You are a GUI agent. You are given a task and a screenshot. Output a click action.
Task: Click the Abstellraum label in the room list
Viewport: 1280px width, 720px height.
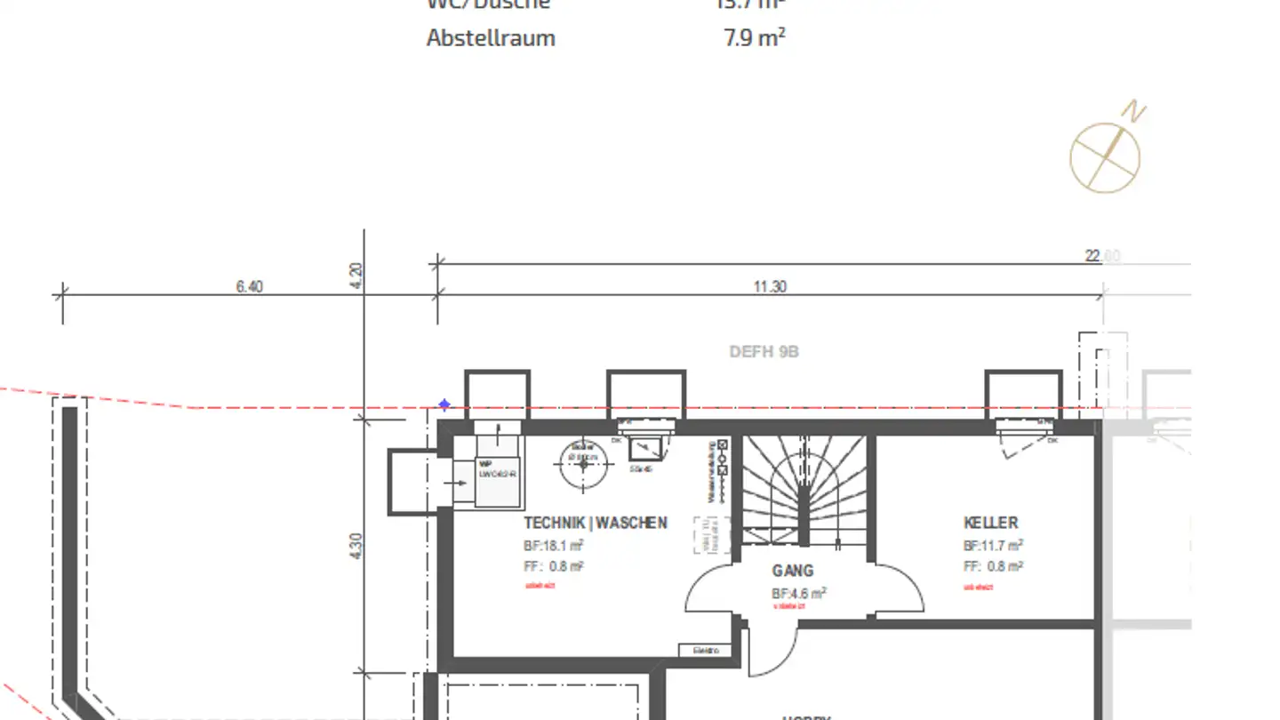tap(491, 38)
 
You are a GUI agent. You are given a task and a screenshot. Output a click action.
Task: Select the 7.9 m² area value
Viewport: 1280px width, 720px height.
tap(754, 38)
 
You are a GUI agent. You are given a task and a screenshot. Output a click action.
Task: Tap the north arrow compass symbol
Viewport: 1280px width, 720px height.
tap(1106, 156)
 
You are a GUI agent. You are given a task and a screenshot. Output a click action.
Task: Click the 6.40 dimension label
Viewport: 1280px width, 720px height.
tap(249, 287)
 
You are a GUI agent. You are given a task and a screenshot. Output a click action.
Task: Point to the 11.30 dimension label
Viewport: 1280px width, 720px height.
tap(770, 287)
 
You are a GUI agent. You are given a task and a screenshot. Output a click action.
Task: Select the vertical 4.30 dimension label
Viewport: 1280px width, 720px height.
tap(356, 545)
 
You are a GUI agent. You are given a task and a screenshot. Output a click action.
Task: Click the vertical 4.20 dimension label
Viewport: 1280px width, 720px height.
tap(356, 276)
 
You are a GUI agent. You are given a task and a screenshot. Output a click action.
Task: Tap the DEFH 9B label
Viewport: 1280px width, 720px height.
tap(764, 352)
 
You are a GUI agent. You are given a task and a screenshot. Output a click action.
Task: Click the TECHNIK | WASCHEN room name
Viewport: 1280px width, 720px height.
tap(595, 523)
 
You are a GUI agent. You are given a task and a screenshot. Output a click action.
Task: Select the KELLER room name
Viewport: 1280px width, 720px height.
tap(990, 523)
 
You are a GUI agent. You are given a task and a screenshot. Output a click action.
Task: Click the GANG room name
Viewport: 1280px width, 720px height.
tap(792, 571)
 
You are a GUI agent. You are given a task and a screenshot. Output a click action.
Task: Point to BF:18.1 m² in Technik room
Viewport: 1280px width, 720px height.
tap(553, 546)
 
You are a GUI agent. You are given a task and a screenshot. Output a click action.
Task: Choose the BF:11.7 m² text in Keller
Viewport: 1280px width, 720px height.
tap(992, 546)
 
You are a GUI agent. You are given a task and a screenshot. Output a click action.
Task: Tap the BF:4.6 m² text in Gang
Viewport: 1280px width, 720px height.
tap(798, 593)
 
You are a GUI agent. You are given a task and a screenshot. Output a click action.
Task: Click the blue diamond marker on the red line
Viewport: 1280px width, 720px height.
tap(444, 405)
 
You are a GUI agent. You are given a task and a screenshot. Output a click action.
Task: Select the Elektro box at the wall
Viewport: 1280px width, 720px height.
tap(707, 651)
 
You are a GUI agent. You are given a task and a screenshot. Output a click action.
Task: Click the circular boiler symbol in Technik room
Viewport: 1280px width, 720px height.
tap(583, 461)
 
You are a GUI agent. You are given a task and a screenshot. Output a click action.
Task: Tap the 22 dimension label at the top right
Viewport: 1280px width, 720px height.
tap(1101, 256)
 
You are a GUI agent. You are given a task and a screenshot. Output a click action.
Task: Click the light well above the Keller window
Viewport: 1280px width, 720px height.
tap(1023, 394)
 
